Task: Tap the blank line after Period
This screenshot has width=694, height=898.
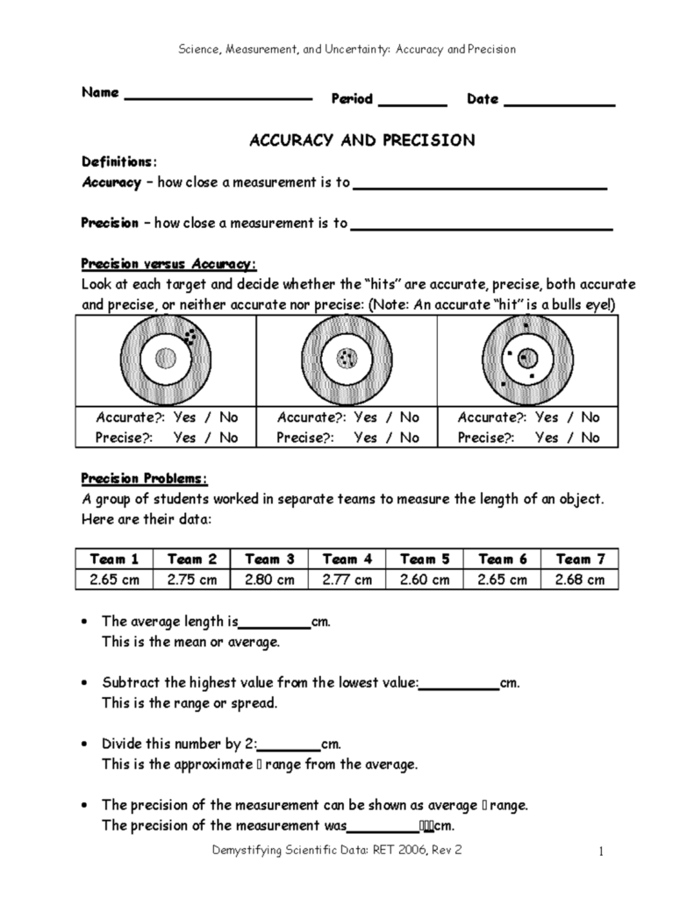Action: [x=411, y=104]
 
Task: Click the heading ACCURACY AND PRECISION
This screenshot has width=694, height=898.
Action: [x=362, y=139]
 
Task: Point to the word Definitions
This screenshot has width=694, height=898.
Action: [x=118, y=161]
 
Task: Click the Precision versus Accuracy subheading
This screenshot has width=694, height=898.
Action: [x=168, y=263]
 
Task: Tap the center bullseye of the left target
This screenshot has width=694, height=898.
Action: [x=165, y=358]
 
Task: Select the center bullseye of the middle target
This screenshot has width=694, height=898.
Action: [x=347, y=358]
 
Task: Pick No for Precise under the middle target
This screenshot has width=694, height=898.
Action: [x=409, y=438]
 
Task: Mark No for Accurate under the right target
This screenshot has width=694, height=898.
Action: [x=590, y=417]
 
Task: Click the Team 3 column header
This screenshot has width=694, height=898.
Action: [x=268, y=559]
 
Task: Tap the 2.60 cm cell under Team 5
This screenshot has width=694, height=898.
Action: [x=425, y=579]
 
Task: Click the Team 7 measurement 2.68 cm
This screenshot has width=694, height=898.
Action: [x=580, y=579]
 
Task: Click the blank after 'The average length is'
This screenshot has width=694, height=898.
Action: [x=274, y=624]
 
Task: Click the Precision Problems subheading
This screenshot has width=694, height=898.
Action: [x=145, y=479]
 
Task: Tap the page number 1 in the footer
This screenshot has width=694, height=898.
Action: [x=603, y=851]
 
